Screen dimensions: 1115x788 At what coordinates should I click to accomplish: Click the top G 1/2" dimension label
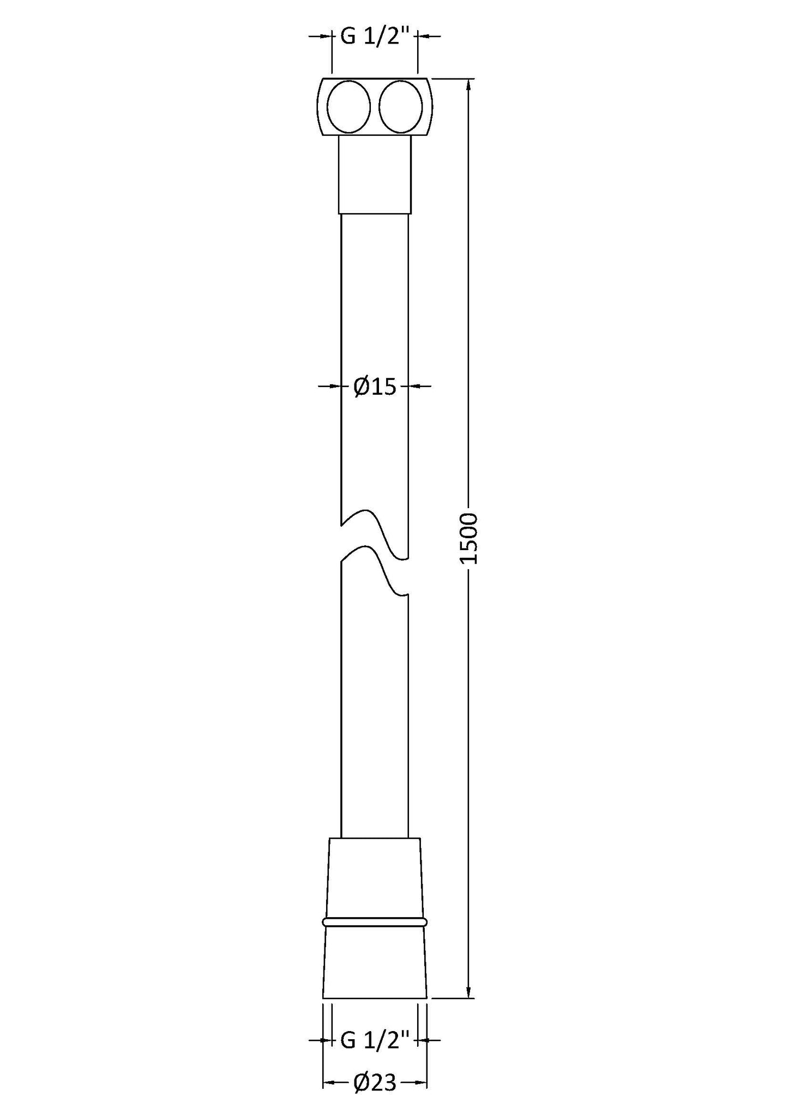click(x=375, y=37)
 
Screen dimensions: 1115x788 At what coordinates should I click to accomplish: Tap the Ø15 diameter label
click(x=374, y=387)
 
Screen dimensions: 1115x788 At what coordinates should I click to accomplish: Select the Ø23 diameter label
click(x=374, y=1082)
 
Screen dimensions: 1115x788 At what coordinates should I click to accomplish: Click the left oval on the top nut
click(x=348, y=107)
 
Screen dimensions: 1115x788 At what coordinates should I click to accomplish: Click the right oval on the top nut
click(x=400, y=107)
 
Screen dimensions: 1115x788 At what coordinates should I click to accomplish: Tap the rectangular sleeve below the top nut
click(x=375, y=174)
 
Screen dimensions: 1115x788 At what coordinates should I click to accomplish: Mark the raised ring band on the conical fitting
click(x=375, y=922)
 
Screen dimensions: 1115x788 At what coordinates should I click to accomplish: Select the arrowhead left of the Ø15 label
click(x=335, y=386)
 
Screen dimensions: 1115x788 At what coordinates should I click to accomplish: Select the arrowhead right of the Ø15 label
click(x=414, y=386)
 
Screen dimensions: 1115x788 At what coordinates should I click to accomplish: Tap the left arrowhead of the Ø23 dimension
click(x=329, y=1082)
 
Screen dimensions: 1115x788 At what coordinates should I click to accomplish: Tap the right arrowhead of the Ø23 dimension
click(x=421, y=1082)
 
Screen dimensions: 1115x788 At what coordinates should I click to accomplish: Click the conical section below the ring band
click(x=375, y=962)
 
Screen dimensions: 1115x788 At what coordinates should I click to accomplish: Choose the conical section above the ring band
click(x=375, y=883)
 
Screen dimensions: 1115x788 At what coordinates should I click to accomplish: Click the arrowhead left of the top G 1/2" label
click(x=326, y=36)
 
